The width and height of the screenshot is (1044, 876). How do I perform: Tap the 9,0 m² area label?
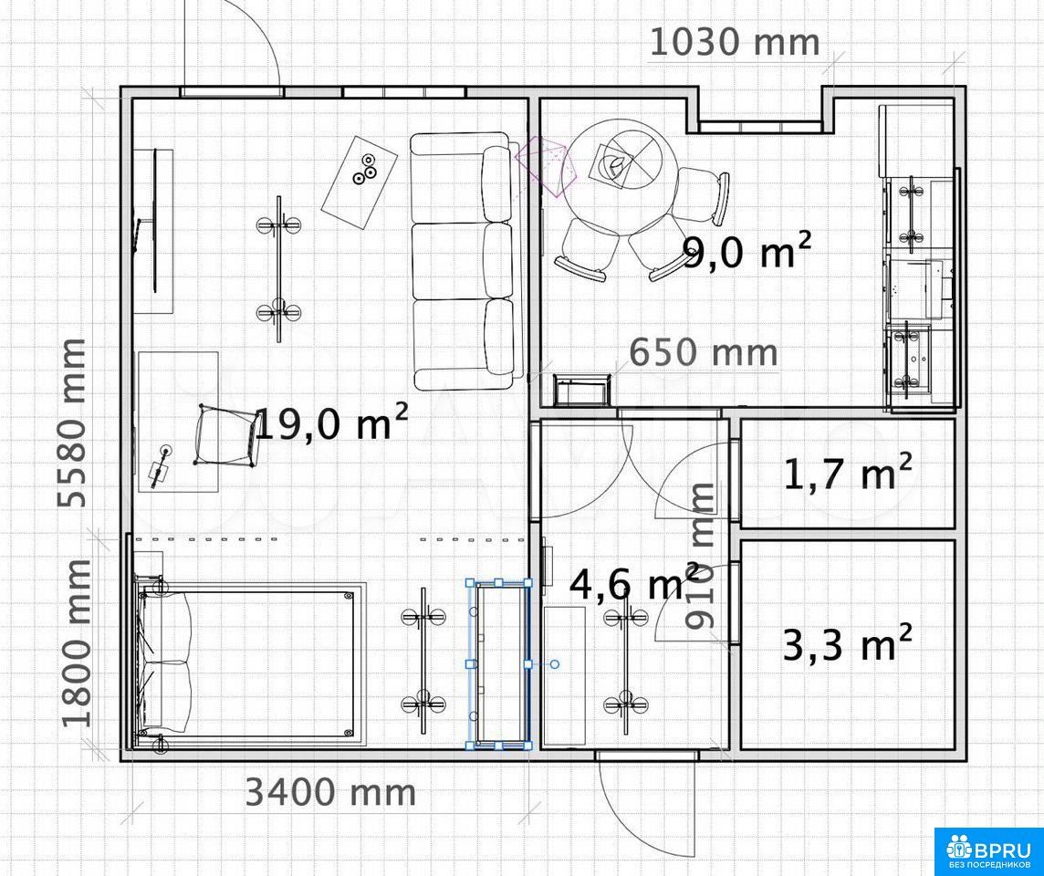click(747, 251)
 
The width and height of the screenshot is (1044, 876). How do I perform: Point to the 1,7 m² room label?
click(848, 472)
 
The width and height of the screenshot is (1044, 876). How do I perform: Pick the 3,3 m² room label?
click(847, 643)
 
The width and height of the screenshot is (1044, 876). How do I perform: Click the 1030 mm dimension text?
click(734, 42)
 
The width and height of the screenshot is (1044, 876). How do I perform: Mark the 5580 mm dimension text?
click(72, 423)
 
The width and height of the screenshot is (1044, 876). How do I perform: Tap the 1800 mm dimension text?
click(77, 643)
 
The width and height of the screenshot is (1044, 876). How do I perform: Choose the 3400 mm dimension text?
click(331, 792)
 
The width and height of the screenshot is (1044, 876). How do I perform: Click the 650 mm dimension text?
click(703, 352)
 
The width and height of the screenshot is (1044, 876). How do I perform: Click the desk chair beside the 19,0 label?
click(227, 437)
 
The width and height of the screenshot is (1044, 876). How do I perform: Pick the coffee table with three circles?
click(359, 181)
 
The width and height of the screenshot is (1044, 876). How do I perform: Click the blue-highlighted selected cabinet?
click(499, 664)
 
